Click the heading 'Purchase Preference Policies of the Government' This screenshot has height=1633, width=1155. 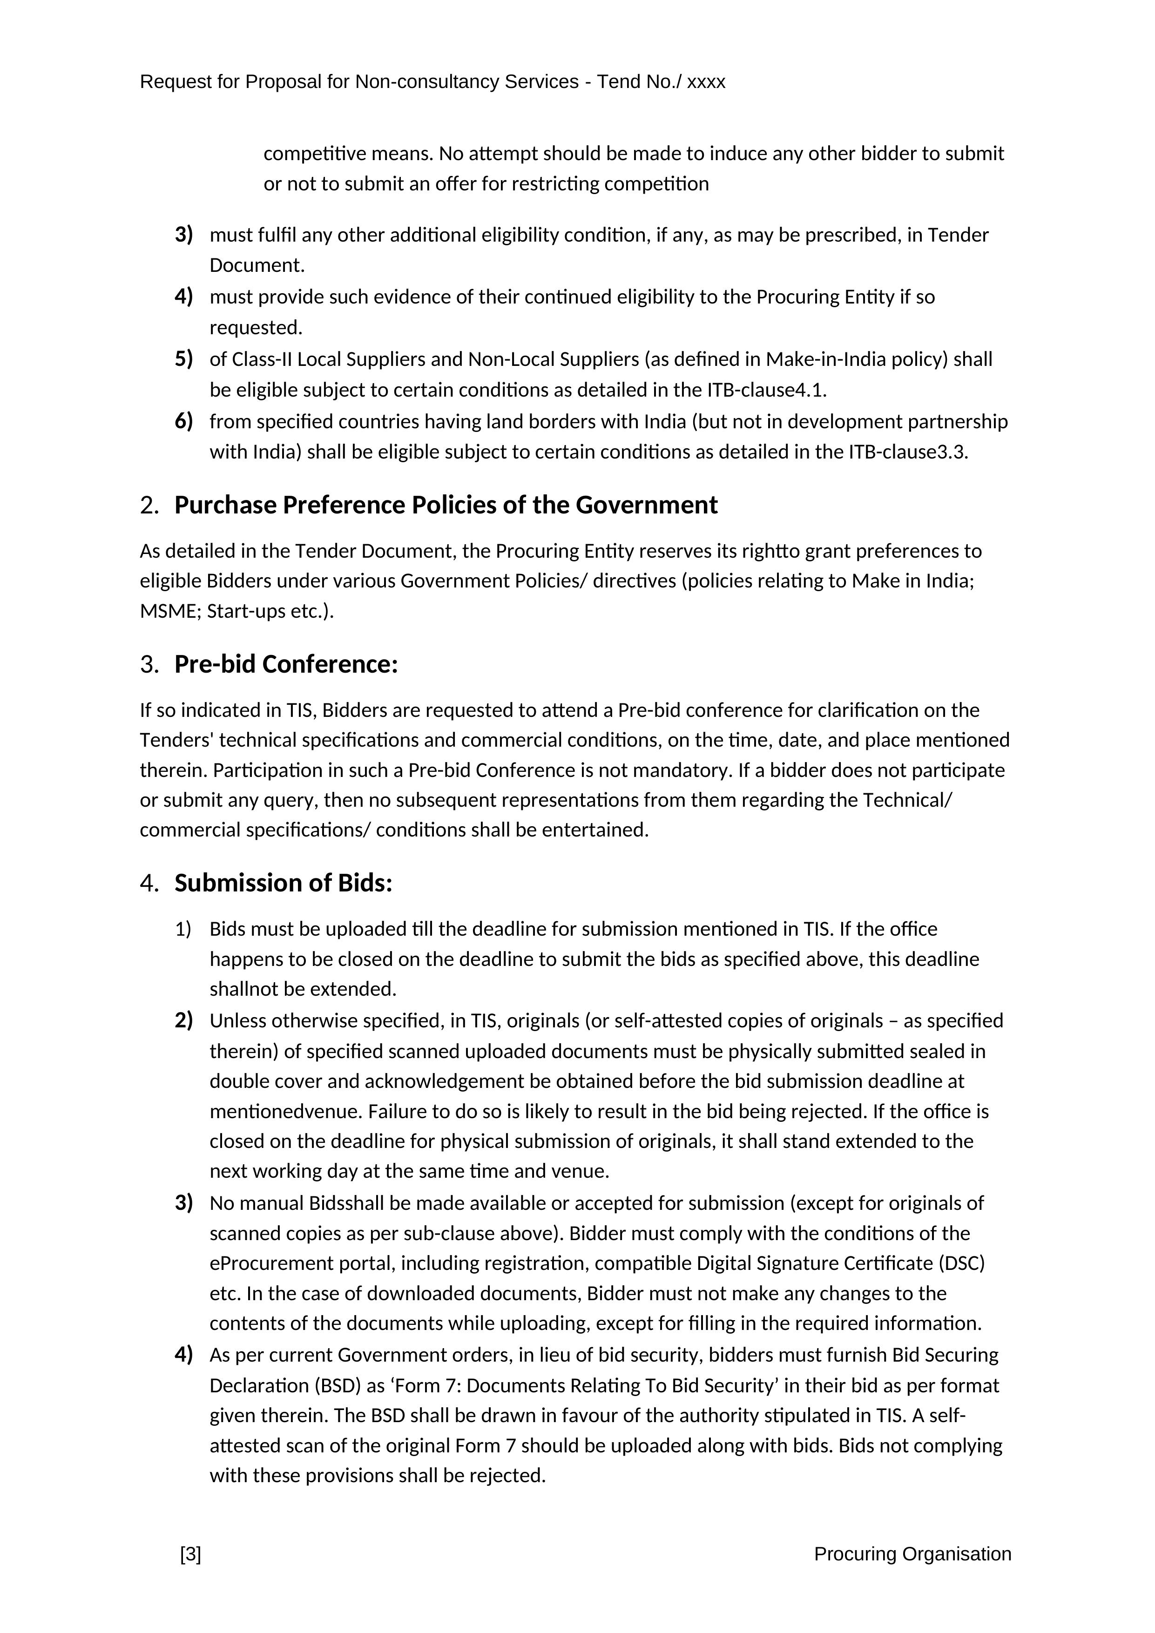tap(446, 505)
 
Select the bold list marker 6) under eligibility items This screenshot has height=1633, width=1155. tap(183, 421)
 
